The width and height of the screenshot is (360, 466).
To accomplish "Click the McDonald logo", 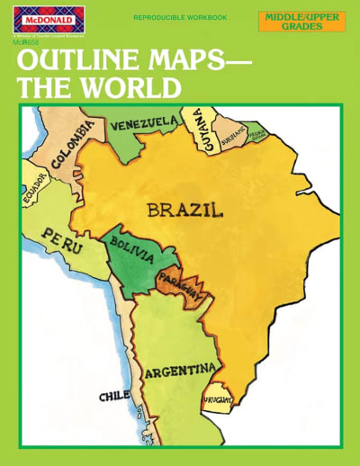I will click(45, 21).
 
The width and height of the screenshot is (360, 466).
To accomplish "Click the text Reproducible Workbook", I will click(180, 17).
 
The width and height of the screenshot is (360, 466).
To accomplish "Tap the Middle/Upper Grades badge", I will click(301, 21).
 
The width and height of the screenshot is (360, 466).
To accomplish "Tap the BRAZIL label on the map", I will click(184, 211).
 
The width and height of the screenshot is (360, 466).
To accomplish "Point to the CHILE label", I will click(114, 395).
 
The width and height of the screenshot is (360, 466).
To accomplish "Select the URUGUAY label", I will click(218, 397).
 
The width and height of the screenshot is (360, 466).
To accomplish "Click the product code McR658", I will click(26, 40).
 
